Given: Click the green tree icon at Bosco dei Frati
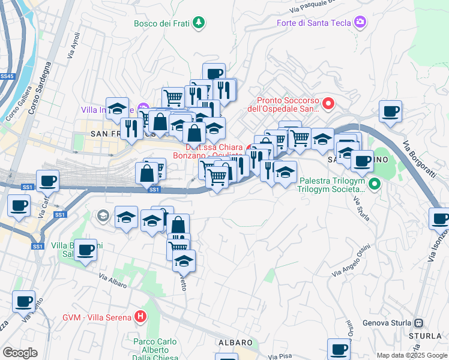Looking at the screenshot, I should pos(199,23).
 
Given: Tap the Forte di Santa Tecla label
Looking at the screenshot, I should pos(313,23).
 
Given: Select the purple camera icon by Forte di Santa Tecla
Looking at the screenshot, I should pos(360,23).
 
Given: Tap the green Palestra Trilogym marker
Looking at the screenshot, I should pos(375,184).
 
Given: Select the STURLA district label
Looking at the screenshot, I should pos(425,335).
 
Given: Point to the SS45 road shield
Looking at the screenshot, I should pos(7,77).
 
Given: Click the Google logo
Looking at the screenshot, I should pos(20,353).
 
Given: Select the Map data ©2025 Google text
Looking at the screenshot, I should pos(411,355).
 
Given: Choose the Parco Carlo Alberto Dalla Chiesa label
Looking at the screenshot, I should pos(155,350).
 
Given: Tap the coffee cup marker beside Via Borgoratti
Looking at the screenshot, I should pos(390,111).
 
